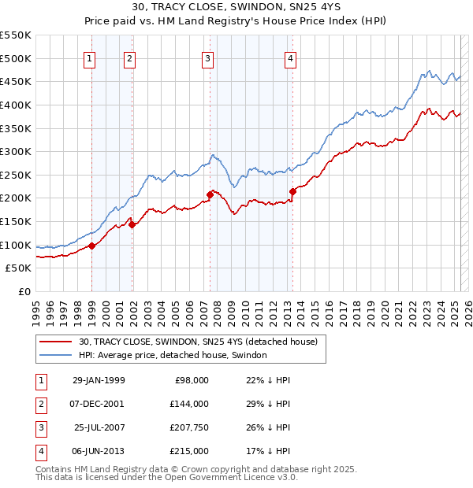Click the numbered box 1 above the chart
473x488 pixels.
click(x=90, y=57)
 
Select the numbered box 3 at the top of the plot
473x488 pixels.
click(x=207, y=57)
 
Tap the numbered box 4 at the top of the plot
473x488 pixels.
click(x=291, y=57)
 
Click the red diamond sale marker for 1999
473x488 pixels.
click(x=92, y=246)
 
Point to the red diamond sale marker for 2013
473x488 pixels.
click(x=292, y=190)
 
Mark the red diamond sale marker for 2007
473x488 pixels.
click(x=210, y=194)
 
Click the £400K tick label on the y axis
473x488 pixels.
click(x=15, y=105)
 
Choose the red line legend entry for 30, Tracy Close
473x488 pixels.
click(x=197, y=342)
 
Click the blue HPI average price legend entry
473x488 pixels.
click(x=173, y=355)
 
